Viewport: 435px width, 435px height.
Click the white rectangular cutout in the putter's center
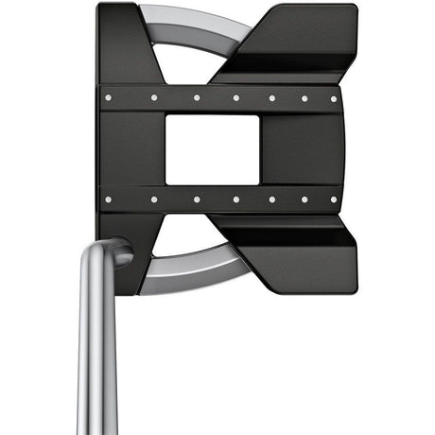(212, 148)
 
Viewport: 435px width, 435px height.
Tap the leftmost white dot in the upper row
(109, 96)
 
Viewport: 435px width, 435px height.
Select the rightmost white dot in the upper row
(333, 98)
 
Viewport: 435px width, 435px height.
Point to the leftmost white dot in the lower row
(109, 200)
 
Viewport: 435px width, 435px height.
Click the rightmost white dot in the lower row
(333, 200)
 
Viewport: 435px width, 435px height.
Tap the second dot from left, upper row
(154, 96)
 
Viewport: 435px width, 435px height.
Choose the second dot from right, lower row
(304, 200)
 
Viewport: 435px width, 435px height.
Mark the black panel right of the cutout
(298, 148)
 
